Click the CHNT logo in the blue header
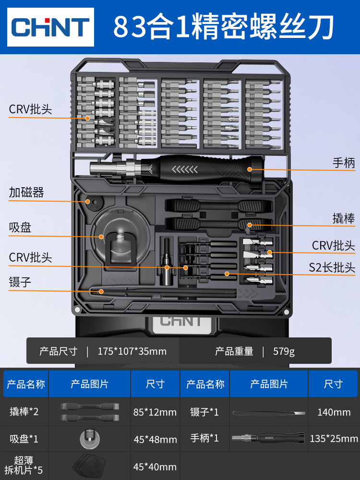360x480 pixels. (51, 27)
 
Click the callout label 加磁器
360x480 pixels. (26, 193)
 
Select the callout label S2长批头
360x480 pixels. (332, 267)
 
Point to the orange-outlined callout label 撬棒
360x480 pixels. (344, 218)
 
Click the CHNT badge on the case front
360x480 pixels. (180, 321)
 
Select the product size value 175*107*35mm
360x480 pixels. (132, 351)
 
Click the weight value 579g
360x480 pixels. (284, 351)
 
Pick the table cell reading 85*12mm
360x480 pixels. (155, 412)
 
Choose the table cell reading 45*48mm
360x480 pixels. (155, 439)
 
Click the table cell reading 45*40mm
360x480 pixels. (155, 466)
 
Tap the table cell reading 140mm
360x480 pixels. (334, 412)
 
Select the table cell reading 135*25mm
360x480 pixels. (334, 438)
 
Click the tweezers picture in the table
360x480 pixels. (269, 412)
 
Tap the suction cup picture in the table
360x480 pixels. (90, 439)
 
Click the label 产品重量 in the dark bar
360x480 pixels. (234, 351)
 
